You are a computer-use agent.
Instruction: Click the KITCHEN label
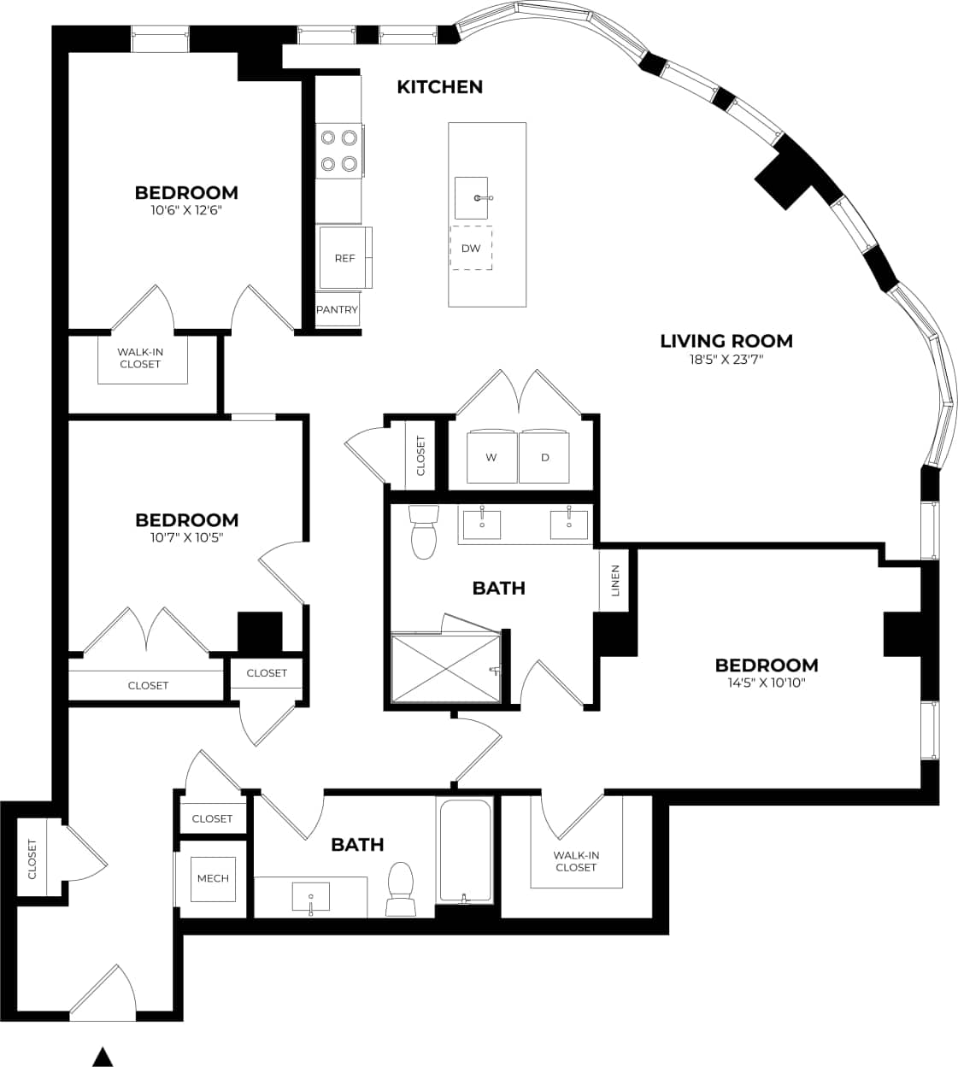(x=439, y=86)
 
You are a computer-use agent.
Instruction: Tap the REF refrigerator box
(x=344, y=257)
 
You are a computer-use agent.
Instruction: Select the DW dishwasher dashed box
(x=471, y=248)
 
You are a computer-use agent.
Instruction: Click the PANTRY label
(x=337, y=309)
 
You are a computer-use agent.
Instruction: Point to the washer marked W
(x=491, y=457)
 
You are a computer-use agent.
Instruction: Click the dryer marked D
(x=545, y=457)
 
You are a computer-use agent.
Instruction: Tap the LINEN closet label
(x=614, y=581)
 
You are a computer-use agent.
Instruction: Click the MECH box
(x=213, y=878)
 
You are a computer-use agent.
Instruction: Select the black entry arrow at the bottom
(x=103, y=1057)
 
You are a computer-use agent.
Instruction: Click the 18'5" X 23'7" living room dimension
(x=726, y=360)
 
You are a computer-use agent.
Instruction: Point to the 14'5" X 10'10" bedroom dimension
(x=766, y=683)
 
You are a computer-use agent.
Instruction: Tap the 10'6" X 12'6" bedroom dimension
(x=186, y=210)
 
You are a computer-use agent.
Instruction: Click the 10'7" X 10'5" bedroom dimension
(x=186, y=537)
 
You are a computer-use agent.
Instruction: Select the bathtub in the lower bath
(x=465, y=850)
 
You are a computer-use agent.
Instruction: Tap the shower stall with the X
(x=444, y=668)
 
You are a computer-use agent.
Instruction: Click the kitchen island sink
(x=471, y=197)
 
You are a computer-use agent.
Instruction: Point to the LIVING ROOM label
(x=726, y=341)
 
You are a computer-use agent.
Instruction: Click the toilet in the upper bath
(x=423, y=531)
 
